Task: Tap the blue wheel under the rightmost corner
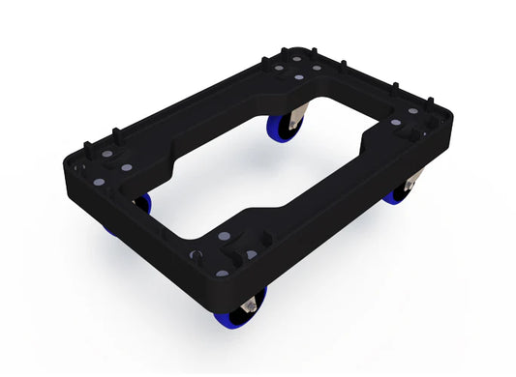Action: point(400,192)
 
